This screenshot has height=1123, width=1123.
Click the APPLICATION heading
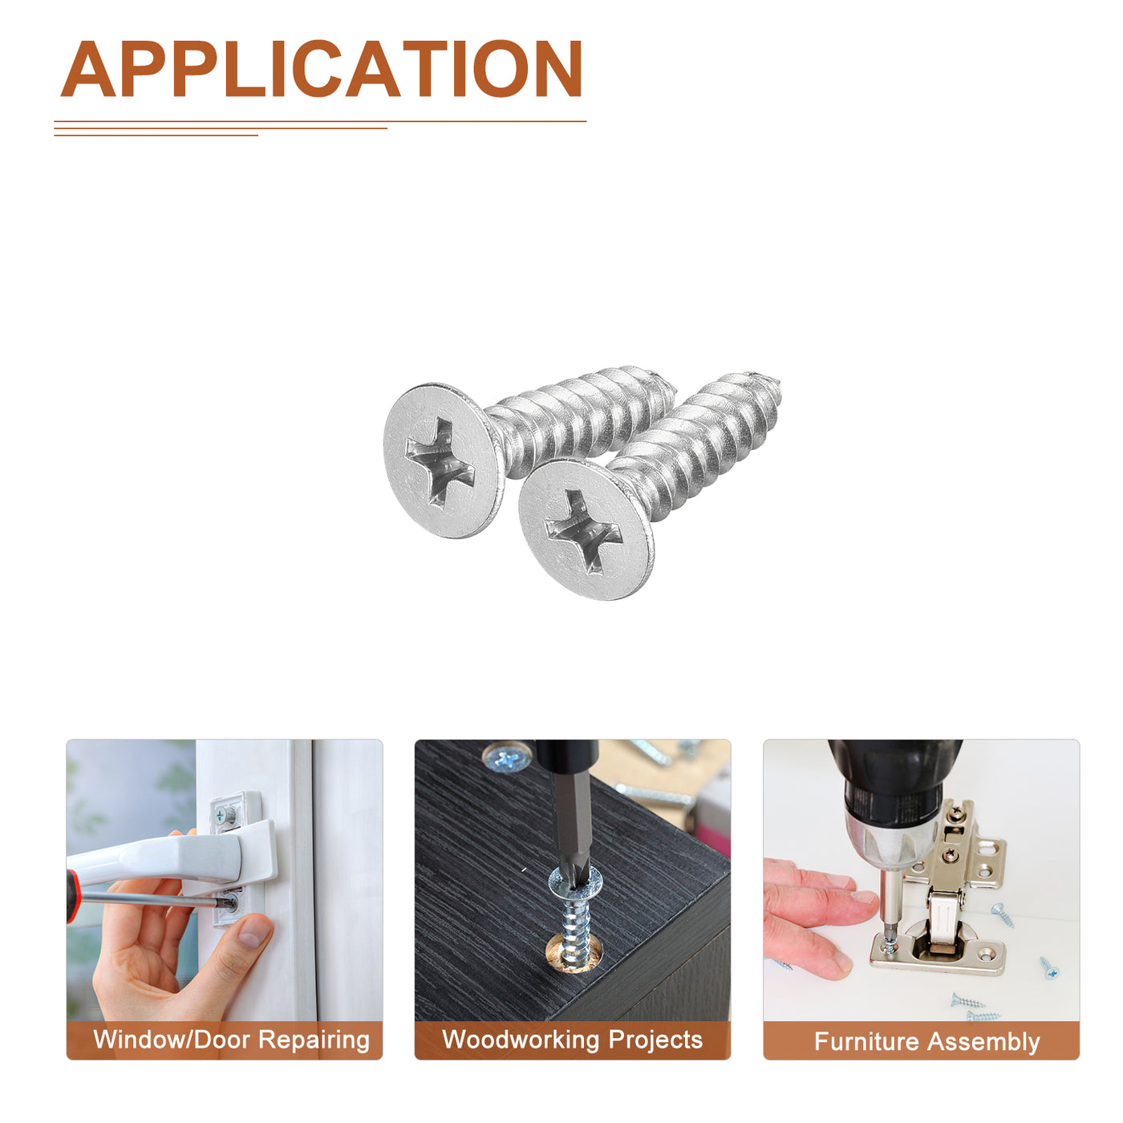tap(321, 69)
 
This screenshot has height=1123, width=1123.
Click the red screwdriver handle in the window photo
tap(71, 897)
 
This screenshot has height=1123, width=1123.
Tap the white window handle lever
tap(169, 856)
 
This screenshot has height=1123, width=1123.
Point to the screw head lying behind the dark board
tap(507, 757)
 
